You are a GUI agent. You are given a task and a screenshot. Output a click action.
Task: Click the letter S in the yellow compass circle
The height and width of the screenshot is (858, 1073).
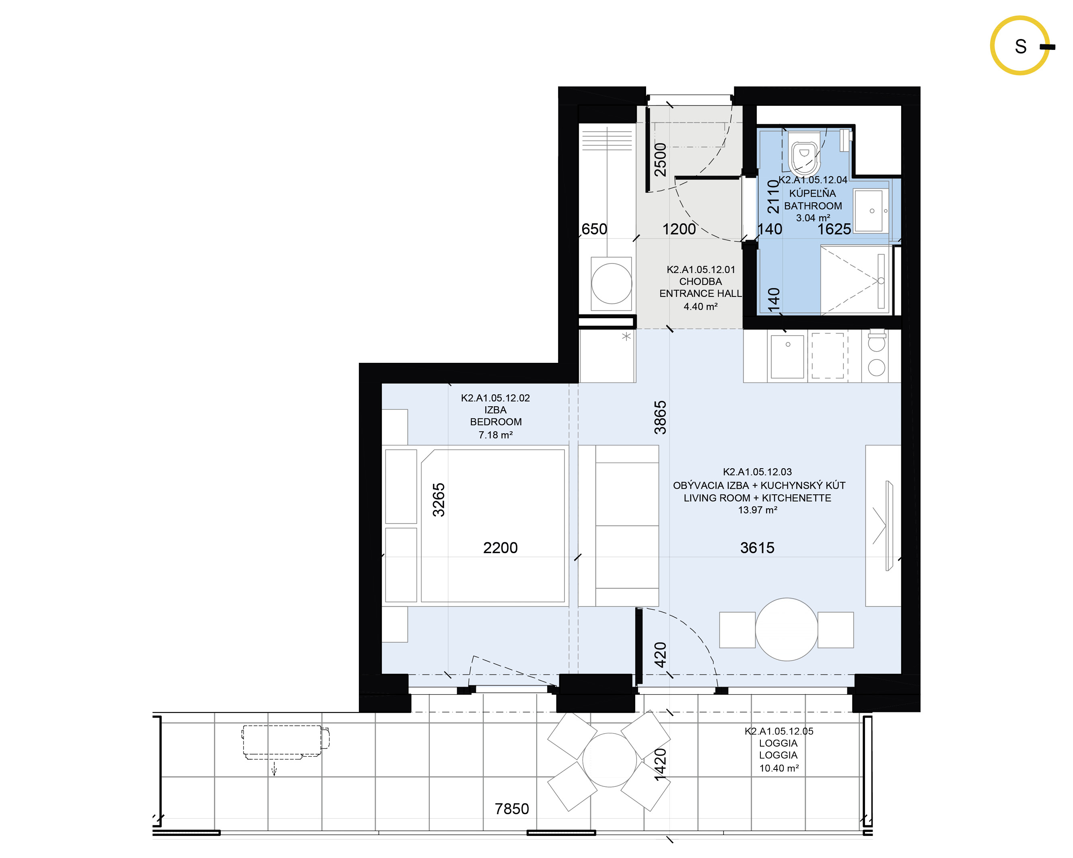pyautogui.click(x=1020, y=46)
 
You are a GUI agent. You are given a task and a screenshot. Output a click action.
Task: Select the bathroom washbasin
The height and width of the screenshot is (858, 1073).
pyautogui.click(x=869, y=210)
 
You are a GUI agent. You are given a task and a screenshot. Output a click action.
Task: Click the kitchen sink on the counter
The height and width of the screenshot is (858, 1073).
pyautogui.click(x=787, y=356)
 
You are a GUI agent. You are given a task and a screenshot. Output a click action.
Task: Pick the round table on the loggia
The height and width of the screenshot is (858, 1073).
pyautogui.click(x=610, y=760)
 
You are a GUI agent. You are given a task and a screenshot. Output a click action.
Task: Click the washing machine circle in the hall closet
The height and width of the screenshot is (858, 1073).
pyautogui.click(x=612, y=284)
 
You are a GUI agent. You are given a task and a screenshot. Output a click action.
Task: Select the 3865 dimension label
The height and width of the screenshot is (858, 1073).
pyautogui.click(x=660, y=418)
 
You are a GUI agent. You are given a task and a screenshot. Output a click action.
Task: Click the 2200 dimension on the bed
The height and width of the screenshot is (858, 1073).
pyautogui.click(x=500, y=548)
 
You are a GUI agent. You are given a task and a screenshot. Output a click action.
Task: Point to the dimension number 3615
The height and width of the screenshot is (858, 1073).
pyautogui.click(x=757, y=548)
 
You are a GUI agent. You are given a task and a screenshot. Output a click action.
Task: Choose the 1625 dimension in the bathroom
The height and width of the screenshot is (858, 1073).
pyautogui.click(x=834, y=229)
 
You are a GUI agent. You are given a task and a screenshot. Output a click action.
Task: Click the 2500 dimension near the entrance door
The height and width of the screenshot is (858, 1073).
pyautogui.click(x=660, y=159)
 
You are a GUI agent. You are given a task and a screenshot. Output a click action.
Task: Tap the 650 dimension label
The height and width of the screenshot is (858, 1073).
pyautogui.click(x=594, y=229)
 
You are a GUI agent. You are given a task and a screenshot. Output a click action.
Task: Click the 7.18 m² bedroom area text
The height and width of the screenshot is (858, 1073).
pyautogui.click(x=496, y=435)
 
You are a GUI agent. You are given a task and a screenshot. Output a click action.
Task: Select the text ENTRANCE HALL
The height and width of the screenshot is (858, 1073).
pyautogui.click(x=700, y=294)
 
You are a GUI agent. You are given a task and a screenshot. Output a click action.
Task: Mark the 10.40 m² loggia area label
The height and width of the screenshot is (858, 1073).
pyautogui.click(x=779, y=768)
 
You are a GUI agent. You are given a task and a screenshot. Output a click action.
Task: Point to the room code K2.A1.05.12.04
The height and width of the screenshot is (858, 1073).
pyautogui.click(x=813, y=180)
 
